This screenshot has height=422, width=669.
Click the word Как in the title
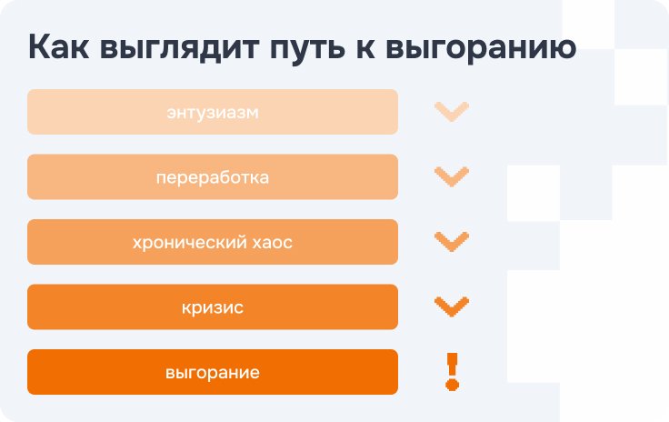click(59, 47)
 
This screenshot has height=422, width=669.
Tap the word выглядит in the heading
click(179, 49)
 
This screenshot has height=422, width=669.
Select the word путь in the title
click(307, 49)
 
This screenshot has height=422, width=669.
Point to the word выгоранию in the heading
click(481, 49)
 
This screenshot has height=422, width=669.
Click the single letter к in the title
click(365, 49)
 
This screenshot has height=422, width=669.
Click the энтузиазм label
click(213, 113)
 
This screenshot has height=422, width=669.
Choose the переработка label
click(213, 177)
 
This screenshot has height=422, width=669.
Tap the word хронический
click(189, 243)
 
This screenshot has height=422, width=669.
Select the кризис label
click(213, 307)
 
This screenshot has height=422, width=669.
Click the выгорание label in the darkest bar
click(213, 373)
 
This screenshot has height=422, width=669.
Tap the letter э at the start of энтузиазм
click(172, 113)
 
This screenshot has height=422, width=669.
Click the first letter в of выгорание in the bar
click(170, 374)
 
